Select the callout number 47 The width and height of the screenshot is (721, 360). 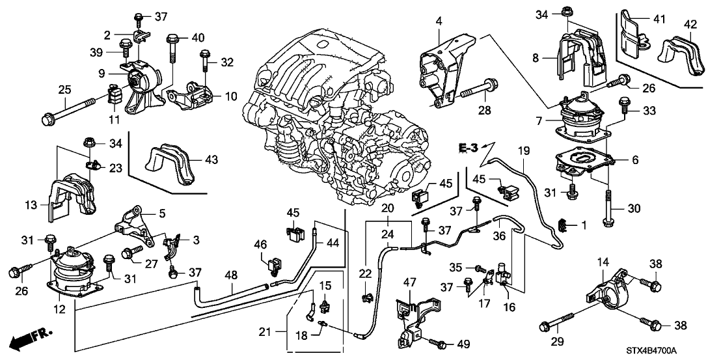(409, 282)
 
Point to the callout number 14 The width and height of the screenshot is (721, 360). (603, 262)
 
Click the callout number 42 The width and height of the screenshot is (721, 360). (690, 24)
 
